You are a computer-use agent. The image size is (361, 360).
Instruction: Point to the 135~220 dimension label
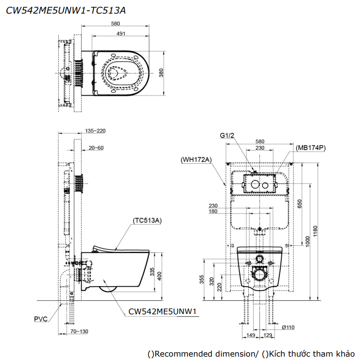tap(95, 131)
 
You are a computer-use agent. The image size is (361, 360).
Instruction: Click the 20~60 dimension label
tap(96, 147)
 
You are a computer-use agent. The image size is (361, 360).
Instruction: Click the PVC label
tap(41, 320)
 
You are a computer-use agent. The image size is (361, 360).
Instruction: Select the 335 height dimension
tap(153, 272)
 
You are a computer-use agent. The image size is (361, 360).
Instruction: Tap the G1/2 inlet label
tap(227, 136)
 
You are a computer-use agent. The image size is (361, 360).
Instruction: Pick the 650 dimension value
tap(300, 204)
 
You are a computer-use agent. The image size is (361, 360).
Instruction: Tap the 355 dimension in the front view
tap(202, 278)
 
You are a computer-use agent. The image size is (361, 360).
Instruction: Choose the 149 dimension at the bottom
tap(251, 335)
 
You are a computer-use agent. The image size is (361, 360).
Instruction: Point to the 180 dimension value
tap(213, 211)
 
